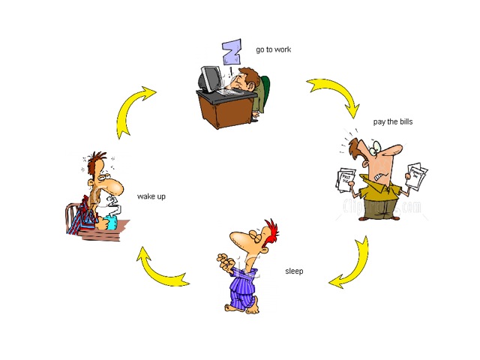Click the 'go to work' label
tap(273, 50)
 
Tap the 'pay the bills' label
tap(393, 121)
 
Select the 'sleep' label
tap(294, 271)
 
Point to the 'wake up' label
tap(151, 196)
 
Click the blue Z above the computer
tap(231, 52)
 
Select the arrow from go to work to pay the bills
tap(334, 94)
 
